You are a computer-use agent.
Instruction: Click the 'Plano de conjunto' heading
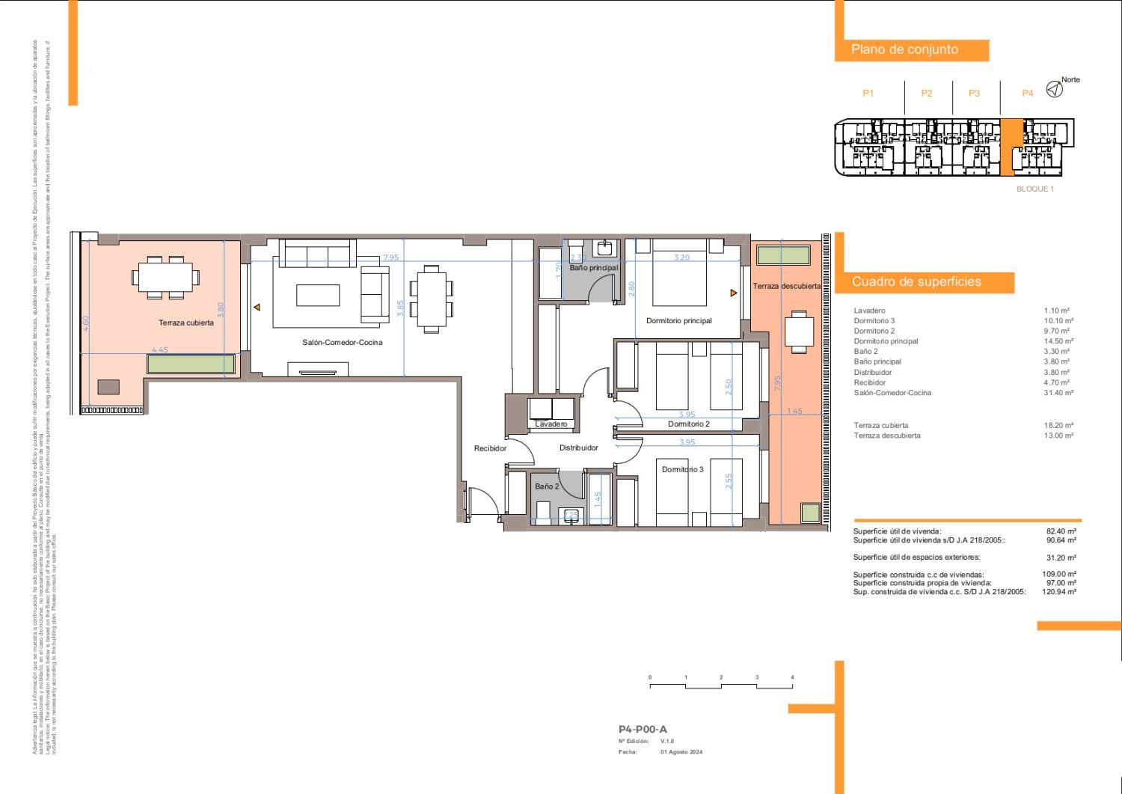(x=904, y=49)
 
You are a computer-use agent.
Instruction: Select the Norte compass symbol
(x=1054, y=90)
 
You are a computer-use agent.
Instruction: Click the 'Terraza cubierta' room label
(x=186, y=323)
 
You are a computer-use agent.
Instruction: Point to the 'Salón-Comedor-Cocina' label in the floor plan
(x=342, y=343)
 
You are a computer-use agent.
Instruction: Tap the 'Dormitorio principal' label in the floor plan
(x=678, y=321)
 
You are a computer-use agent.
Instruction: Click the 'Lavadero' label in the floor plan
(x=551, y=424)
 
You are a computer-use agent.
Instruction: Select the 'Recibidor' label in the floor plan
(x=490, y=449)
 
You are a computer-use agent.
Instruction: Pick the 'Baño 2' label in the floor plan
(x=547, y=486)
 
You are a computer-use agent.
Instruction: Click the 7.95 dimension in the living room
(x=390, y=257)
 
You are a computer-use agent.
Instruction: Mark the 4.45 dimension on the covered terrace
(x=160, y=349)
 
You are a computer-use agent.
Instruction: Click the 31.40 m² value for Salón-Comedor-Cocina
(x=1058, y=393)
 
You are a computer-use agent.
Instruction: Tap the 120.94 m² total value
(x=1061, y=592)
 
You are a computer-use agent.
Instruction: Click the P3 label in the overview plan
(x=974, y=94)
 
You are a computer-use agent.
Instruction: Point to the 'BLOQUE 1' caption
(x=1034, y=189)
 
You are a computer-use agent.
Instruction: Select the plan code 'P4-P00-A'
(x=643, y=730)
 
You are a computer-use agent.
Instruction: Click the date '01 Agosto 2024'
(x=681, y=752)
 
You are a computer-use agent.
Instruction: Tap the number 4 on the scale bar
(x=792, y=677)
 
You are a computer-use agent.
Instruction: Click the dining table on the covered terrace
(x=166, y=277)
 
